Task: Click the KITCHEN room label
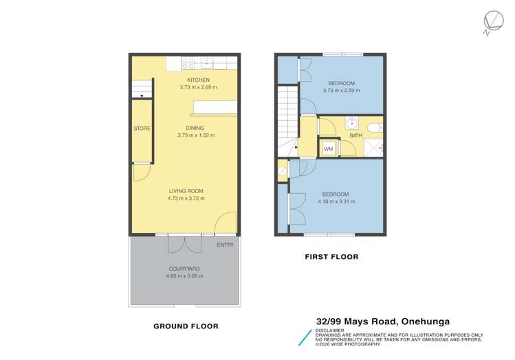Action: tap(188, 80)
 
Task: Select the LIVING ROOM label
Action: tap(187, 191)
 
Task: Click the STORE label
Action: tap(142, 128)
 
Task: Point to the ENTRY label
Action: tap(226, 245)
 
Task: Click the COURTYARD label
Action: tap(184, 269)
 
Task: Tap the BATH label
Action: tap(356, 136)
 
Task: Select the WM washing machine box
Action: tap(328, 148)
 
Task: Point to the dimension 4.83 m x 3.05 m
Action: tap(184, 276)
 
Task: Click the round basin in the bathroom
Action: tap(351, 124)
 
